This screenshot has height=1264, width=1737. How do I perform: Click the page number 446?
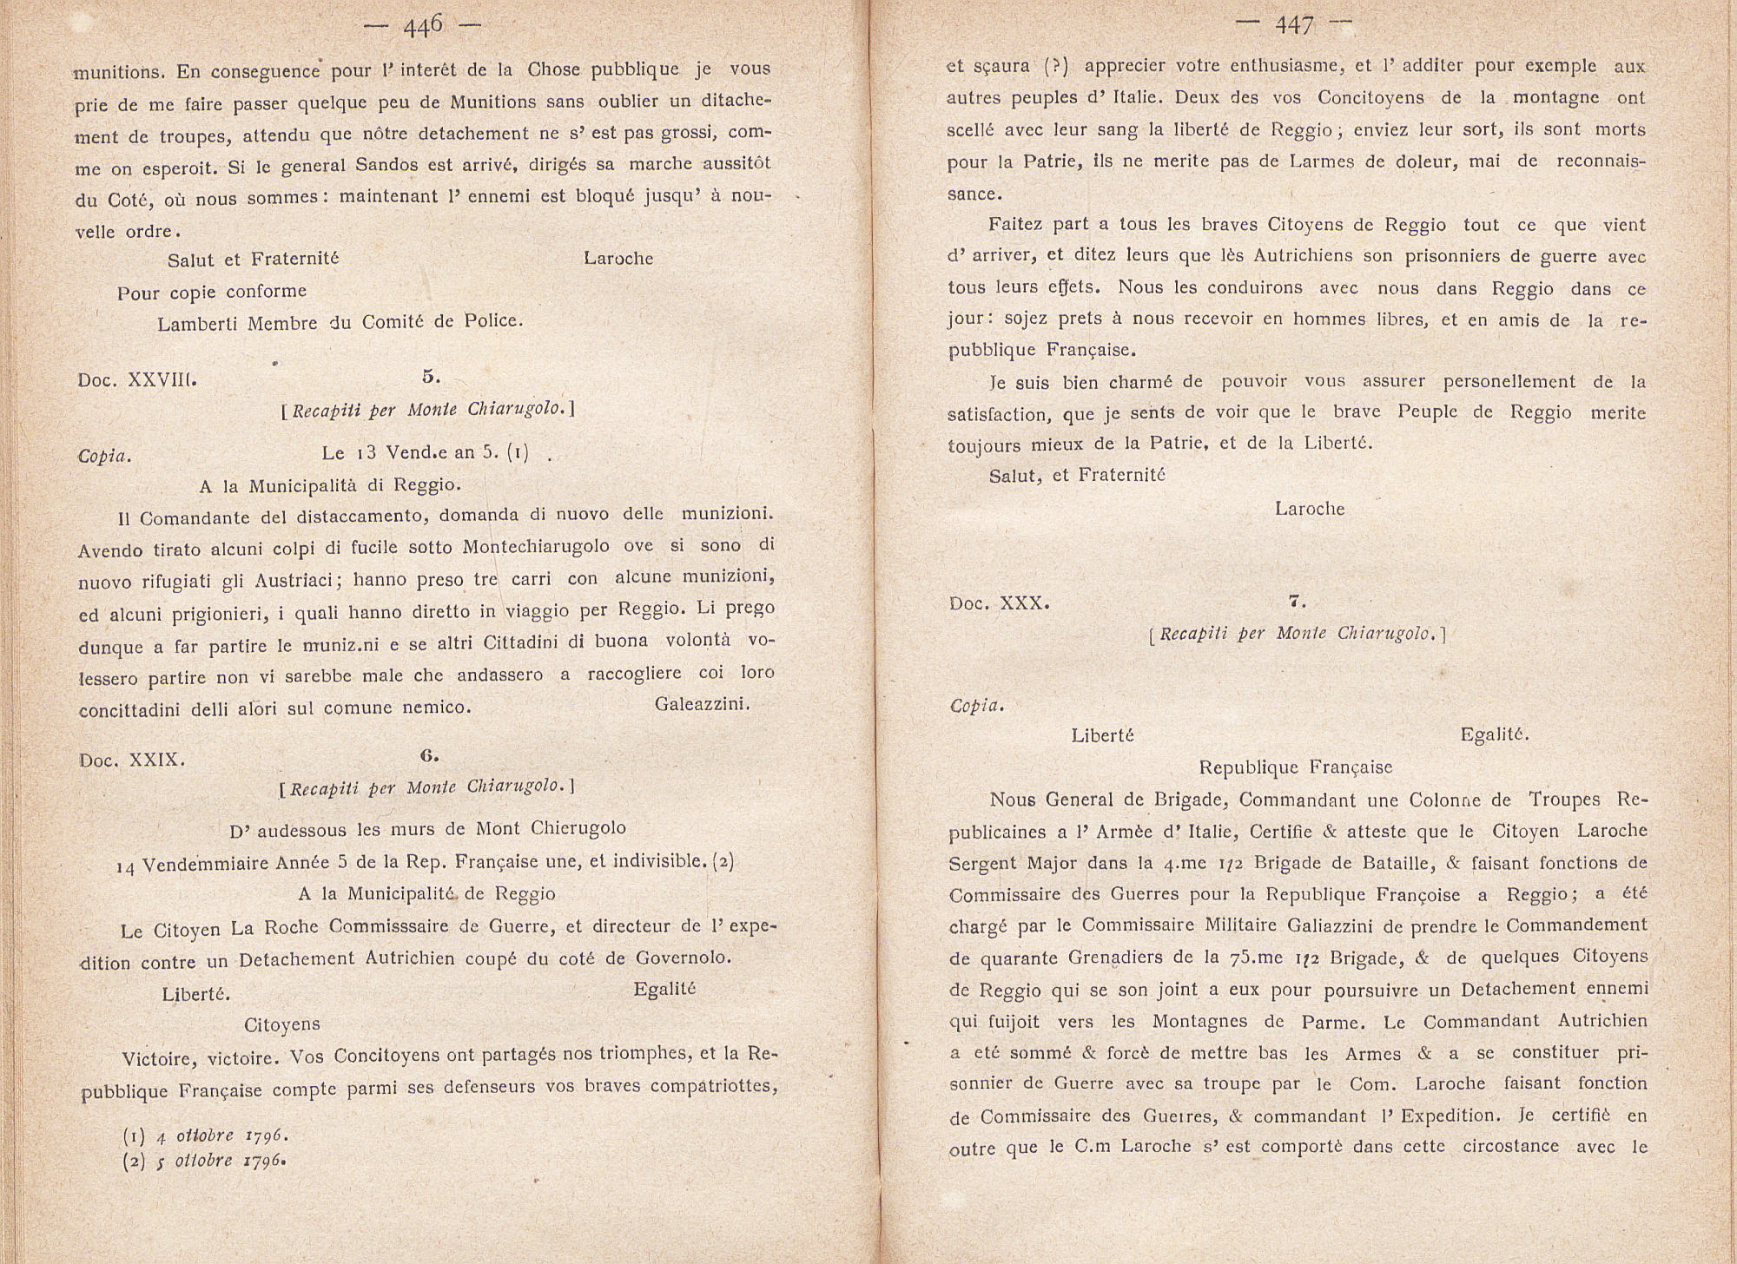click(424, 26)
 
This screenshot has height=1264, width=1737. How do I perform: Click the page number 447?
click(1294, 26)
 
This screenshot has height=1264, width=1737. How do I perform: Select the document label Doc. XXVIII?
click(138, 379)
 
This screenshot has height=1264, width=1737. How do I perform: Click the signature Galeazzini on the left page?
click(702, 704)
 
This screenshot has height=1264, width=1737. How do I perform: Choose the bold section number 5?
click(431, 377)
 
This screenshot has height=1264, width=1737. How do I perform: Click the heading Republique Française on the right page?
click(1296, 767)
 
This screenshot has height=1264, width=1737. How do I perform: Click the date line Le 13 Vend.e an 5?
click(425, 452)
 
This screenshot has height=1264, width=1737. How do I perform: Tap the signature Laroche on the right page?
click(1310, 509)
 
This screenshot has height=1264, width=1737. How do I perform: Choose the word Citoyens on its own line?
click(282, 1025)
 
